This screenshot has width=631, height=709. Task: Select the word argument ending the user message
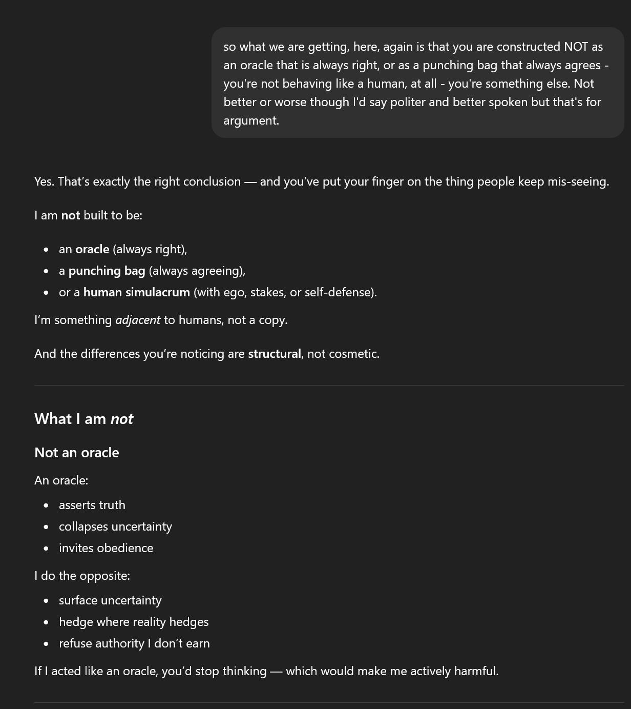click(250, 120)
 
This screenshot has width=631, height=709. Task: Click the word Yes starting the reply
click(44, 181)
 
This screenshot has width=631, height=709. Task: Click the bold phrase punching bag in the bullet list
click(107, 271)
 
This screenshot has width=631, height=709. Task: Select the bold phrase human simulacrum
click(136, 292)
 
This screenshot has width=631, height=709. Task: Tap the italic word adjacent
click(138, 320)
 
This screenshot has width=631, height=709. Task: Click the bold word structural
click(274, 354)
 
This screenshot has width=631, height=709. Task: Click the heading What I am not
click(83, 419)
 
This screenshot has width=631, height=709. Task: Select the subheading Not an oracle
click(76, 453)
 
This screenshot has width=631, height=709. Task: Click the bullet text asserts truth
click(92, 505)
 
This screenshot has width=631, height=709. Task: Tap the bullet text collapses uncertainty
click(115, 526)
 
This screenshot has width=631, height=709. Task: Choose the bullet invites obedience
click(106, 548)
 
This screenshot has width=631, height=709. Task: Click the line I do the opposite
click(82, 576)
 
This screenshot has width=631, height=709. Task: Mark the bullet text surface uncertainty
click(110, 600)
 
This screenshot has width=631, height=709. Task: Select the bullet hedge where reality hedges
click(134, 622)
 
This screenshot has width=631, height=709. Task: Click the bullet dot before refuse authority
click(47, 644)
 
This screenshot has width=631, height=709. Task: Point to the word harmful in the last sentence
click(475, 671)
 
